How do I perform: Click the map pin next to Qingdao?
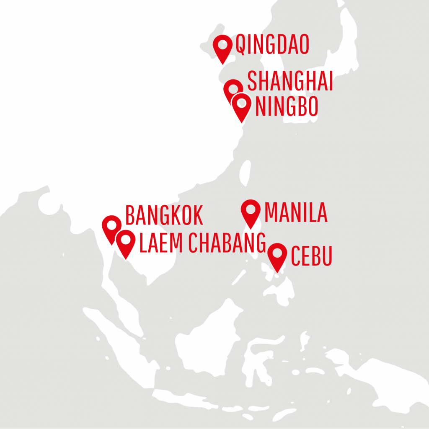pyautogui.click(x=222, y=45)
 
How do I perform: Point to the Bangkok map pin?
pyautogui.click(x=111, y=226)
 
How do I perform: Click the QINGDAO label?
pyautogui.click(x=272, y=45)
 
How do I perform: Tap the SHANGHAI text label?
pyautogui.click(x=290, y=81)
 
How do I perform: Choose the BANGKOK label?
pyautogui.click(x=164, y=216)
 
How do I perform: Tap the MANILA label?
pyautogui.click(x=296, y=213)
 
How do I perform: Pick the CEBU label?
pyautogui.click(x=311, y=256)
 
